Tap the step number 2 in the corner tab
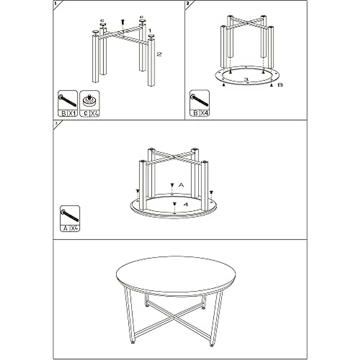click(187, 3)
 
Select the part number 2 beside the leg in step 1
click(159, 54)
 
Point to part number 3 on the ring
click(246, 79)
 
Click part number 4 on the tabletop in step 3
click(186, 205)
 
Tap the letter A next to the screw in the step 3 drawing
click(181, 185)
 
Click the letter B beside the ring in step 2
click(280, 85)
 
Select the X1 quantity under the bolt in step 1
click(72, 113)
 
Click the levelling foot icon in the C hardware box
click(89, 100)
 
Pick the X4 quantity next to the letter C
click(94, 113)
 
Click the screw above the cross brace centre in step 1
click(123, 22)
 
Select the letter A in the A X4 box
click(65, 228)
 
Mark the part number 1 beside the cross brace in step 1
click(150, 31)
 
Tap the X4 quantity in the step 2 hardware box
click(204, 113)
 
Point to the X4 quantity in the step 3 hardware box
click(75, 228)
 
